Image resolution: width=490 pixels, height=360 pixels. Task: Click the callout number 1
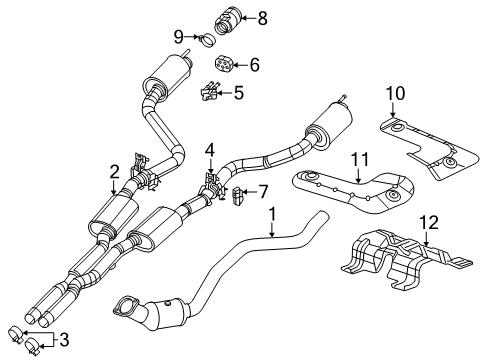tap(270, 215)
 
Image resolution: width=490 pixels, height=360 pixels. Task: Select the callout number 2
tap(115, 171)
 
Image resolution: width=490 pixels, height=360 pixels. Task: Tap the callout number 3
tap(64, 341)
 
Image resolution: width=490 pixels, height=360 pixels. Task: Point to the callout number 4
tap(210, 151)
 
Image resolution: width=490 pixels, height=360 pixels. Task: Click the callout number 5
tap(238, 93)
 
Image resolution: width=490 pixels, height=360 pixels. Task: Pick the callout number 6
tap(253, 65)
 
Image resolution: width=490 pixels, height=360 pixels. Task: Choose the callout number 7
tap(263, 191)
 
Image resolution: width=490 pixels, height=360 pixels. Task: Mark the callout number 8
tap(262, 17)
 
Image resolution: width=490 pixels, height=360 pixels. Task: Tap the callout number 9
tap(179, 36)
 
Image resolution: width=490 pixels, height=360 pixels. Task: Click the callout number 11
tap(359, 157)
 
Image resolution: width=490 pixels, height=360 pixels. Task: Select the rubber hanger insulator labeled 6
tap(225, 64)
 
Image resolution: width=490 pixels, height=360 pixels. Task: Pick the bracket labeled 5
tap(211, 93)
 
